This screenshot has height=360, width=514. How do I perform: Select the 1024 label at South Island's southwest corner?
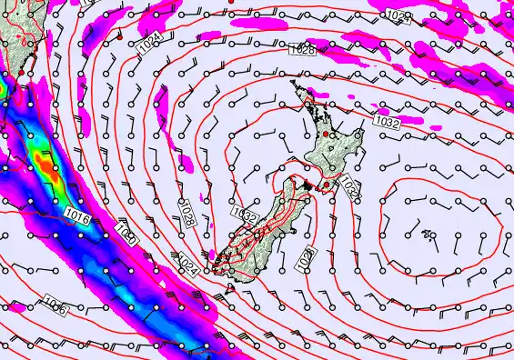(188, 264)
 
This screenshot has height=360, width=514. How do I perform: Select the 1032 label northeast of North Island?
(387, 121)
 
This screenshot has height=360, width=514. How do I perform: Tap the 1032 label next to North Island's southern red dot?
(349, 188)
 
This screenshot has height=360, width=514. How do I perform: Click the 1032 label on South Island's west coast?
(244, 215)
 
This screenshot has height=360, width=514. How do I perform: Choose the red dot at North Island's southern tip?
(326, 185)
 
